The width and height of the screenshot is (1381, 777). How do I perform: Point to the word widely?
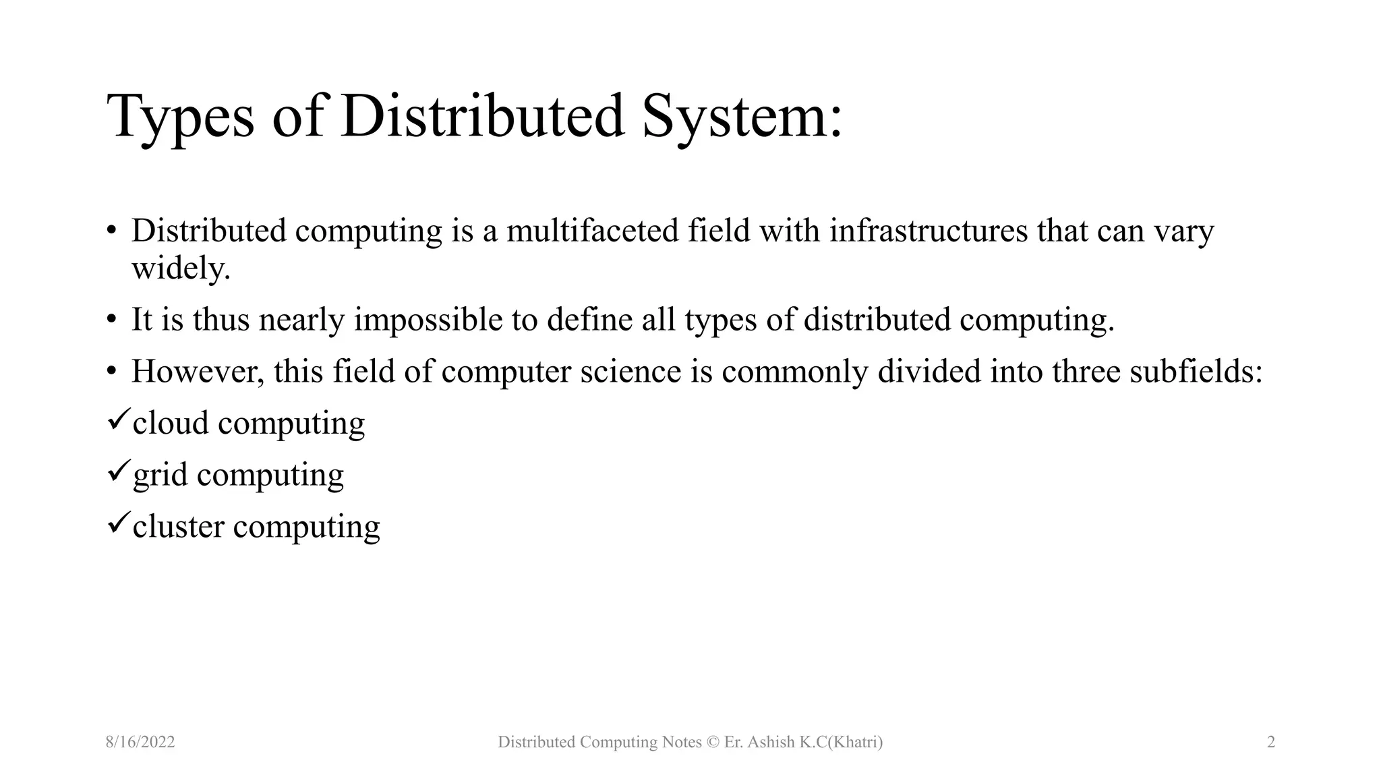point(181,268)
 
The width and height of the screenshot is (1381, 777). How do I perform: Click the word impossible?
point(428,319)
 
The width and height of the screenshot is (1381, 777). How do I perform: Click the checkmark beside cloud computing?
point(118,420)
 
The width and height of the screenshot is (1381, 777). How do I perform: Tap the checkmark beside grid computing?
point(118,472)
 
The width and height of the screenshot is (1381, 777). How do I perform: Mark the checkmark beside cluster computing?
point(118,523)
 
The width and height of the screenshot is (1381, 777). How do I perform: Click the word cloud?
point(171,423)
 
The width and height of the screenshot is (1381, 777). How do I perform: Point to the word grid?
point(160,475)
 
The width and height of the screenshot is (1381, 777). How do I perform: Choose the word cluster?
point(178,526)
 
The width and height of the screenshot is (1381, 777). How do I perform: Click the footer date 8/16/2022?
point(140,742)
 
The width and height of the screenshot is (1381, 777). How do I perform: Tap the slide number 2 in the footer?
point(1271,742)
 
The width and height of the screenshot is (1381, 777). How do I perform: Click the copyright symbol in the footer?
point(713,742)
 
